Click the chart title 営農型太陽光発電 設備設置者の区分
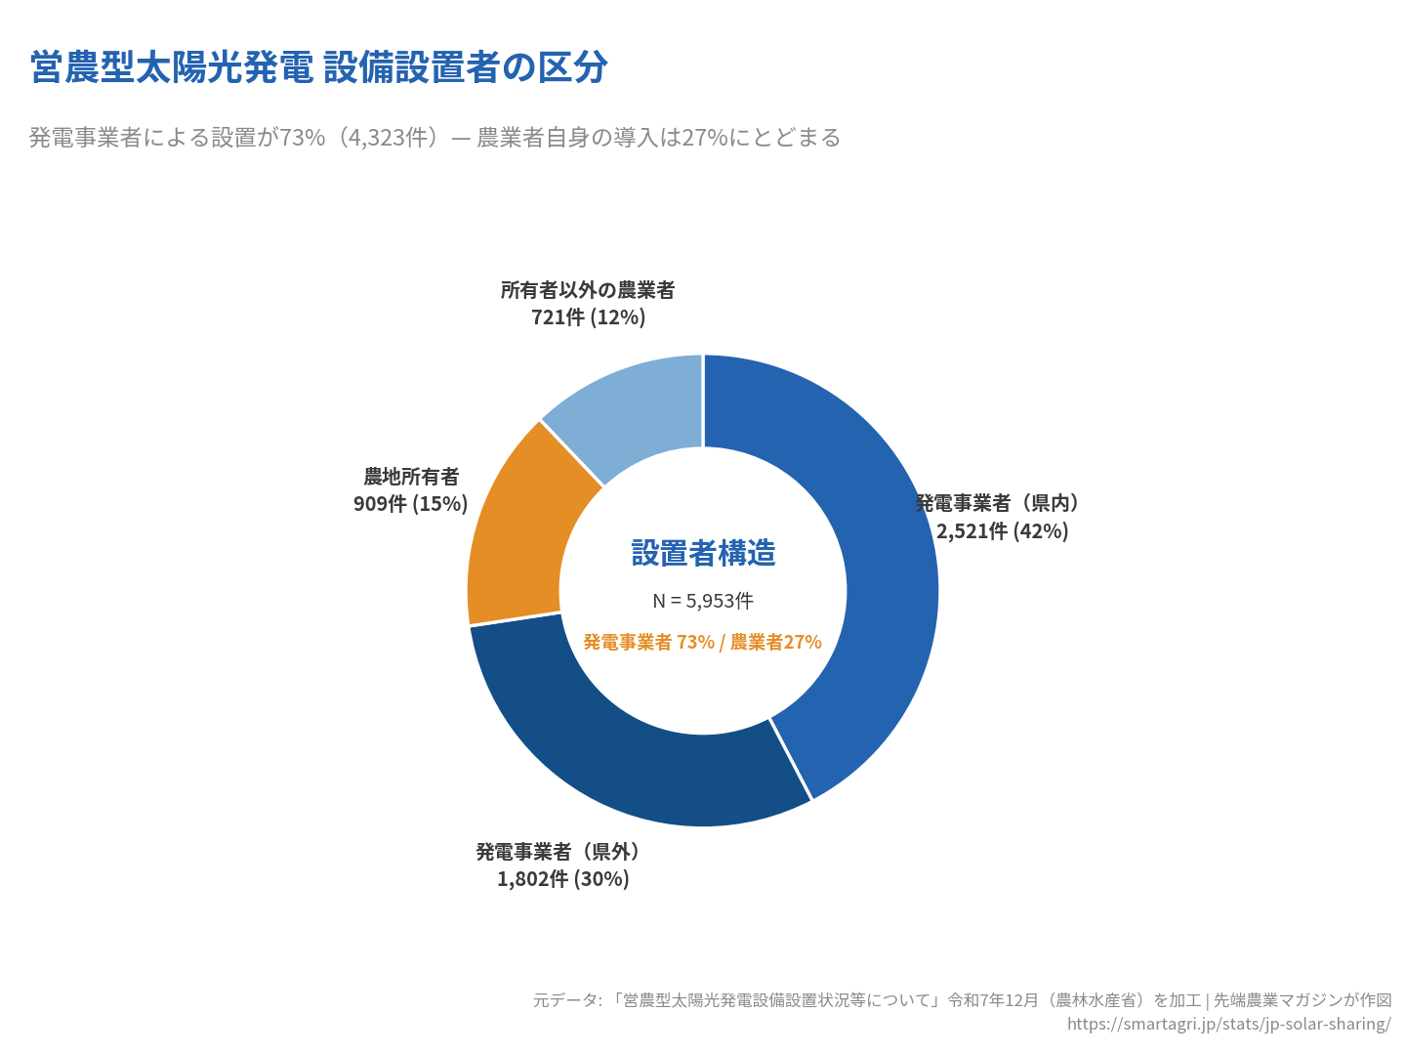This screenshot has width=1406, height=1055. click(318, 67)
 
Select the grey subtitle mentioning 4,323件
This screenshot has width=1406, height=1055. click(434, 138)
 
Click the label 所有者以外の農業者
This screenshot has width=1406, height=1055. click(588, 290)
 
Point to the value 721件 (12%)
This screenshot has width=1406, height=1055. click(588, 317)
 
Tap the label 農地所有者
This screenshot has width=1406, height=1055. click(411, 477)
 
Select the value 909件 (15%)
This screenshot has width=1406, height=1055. click(411, 504)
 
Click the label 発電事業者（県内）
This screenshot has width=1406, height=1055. click(998, 503)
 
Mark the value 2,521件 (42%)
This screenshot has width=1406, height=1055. click(1003, 531)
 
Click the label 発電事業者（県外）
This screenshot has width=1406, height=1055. click(558, 852)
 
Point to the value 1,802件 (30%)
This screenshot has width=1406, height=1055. click(563, 879)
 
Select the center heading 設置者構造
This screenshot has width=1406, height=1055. click(703, 554)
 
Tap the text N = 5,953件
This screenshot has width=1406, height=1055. click(703, 601)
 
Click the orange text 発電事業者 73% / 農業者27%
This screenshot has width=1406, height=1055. click(703, 642)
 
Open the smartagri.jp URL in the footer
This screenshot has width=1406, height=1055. click(1228, 1024)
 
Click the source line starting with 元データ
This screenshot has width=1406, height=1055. click(962, 1000)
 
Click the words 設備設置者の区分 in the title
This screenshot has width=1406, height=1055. click(466, 67)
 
